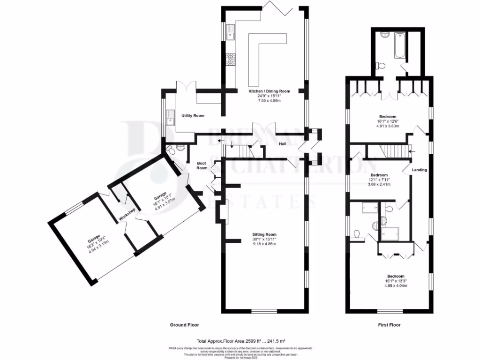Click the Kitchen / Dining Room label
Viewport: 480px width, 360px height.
click(x=269, y=91)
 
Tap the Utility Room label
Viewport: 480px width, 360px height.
click(x=193, y=115)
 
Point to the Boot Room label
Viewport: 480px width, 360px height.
click(x=202, y=165)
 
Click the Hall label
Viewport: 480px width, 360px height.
click(x=283, y=144)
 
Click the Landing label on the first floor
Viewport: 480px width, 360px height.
click(x=419, y=170)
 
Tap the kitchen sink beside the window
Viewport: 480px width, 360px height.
click(x=231, y=33)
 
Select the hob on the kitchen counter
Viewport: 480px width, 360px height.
click(x=231, y=59)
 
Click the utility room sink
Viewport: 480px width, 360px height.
click(x=170, y=122)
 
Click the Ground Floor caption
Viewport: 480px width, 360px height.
click(x=184, y=325)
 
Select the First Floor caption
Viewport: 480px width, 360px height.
click(x=389, y=325)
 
